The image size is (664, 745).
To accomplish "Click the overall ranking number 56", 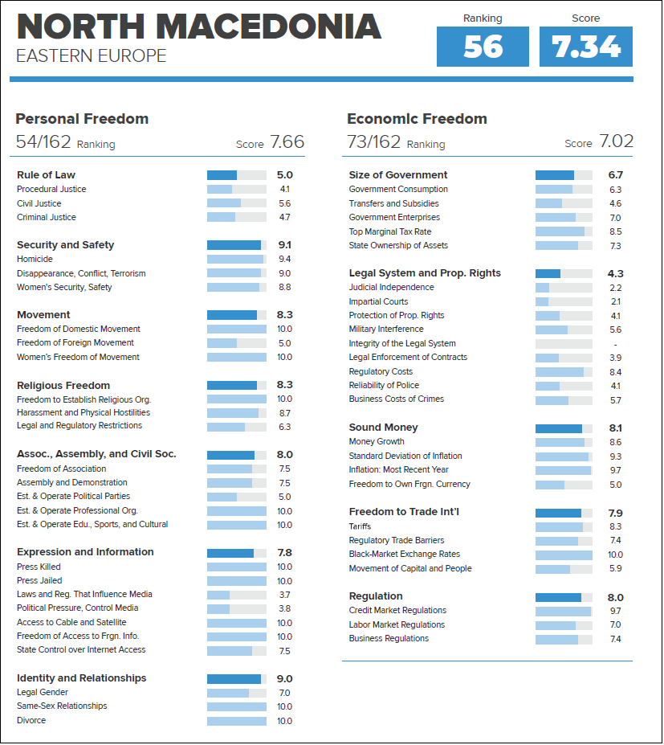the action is tap(483, 47).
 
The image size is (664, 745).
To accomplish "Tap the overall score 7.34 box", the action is tap(585, 47).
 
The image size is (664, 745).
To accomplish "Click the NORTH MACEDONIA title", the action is tap(199, 27).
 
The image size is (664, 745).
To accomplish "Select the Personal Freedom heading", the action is tap(82, 119).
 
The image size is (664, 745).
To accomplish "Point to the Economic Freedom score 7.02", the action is tap(616, 141).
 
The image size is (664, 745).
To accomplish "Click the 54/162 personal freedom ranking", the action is tap(43, 141).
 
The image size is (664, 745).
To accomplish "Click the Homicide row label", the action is tap(35, 259).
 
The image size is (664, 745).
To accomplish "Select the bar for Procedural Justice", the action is tap(236, 189).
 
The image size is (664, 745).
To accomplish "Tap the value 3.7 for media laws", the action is tap(284, 595).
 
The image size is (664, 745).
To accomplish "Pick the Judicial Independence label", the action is tap(391, 287).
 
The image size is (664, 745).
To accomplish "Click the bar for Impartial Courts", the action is tap(564, 301).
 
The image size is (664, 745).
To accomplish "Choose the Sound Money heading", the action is tap(383, 427).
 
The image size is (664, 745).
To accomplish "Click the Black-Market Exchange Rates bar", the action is tap(564, 555).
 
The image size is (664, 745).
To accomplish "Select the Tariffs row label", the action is tap(360, 526).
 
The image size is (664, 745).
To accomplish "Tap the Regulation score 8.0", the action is tap(615, 598).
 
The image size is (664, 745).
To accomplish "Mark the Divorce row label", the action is tap(31, 720).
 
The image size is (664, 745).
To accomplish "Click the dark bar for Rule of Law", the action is tap(222, 175).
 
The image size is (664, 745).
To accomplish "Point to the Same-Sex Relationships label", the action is tap(62, 706).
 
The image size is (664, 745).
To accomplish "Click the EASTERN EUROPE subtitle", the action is tap(91, 56).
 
